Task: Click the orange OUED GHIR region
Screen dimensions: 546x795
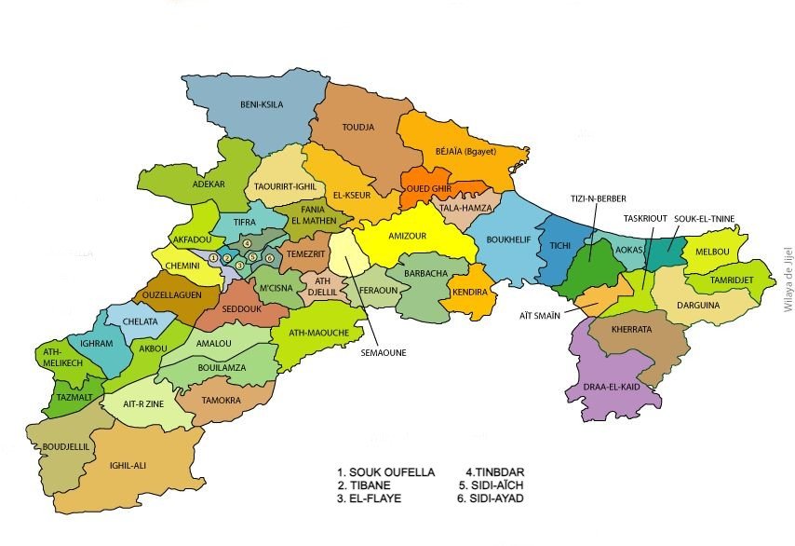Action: pos(428,187)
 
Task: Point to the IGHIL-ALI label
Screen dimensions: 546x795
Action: pos(128,465)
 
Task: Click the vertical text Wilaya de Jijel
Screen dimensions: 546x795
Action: pos(788,272)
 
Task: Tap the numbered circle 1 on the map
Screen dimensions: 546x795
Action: pos(214,257)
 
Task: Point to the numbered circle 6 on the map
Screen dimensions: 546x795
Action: pos(269,258)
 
